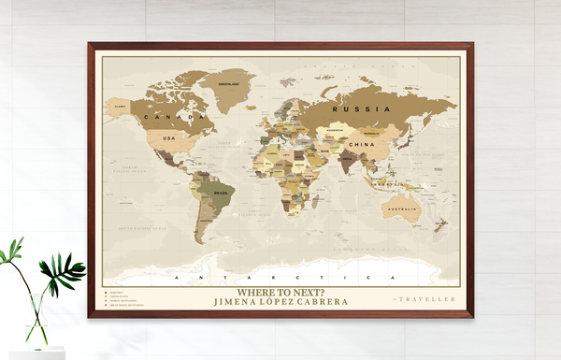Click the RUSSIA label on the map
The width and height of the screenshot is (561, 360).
pyautogui.click(x=359, y=108)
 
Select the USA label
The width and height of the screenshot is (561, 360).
pyautogui.click(x=169, y=138)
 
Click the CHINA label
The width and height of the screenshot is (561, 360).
pyautogui.click(x=361, y=146)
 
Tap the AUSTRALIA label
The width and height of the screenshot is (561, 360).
pyautogui.click(x=403, y=209)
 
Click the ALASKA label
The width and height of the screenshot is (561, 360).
pyautogui.click(x=121, y=107)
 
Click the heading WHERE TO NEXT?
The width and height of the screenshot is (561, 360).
pyautogui.click(x=280, y=292)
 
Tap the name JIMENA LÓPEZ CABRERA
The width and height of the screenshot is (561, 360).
pyautogui.click(x=280, y=302)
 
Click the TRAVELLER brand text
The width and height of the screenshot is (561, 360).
pyautogui.click(x=426, y=299)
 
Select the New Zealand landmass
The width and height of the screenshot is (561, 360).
pyautogui.click(x=442, y=225)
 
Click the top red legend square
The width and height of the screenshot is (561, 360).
pyautogui.click(x=105, y=292)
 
